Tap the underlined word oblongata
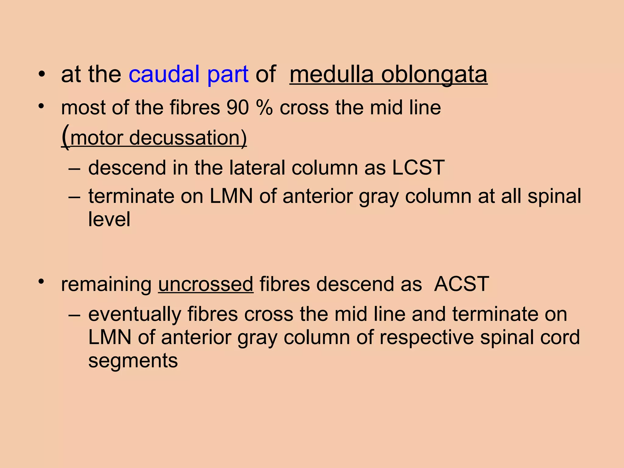(434, 75)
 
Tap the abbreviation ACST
(461, 284)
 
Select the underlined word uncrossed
(206, 284)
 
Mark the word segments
(133, 361)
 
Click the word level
(109, 219)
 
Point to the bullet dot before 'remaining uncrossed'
(42, 282)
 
